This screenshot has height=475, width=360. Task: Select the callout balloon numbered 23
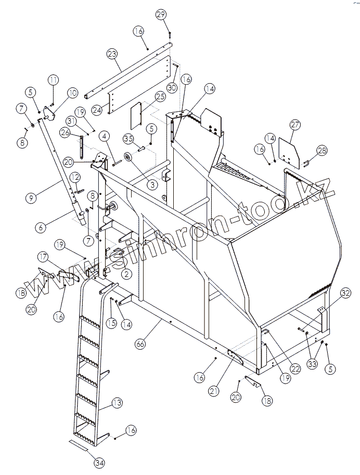(111, 55)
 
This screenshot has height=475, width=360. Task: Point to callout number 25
(159, 96)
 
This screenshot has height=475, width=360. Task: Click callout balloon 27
(295, 125)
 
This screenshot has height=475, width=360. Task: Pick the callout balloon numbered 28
(322, 150)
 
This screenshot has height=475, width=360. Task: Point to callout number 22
(295, 369)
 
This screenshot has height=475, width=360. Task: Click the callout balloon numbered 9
(31, 197)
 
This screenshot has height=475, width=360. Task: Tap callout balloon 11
(53, 80)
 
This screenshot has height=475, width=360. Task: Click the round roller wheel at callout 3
(127, 158)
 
